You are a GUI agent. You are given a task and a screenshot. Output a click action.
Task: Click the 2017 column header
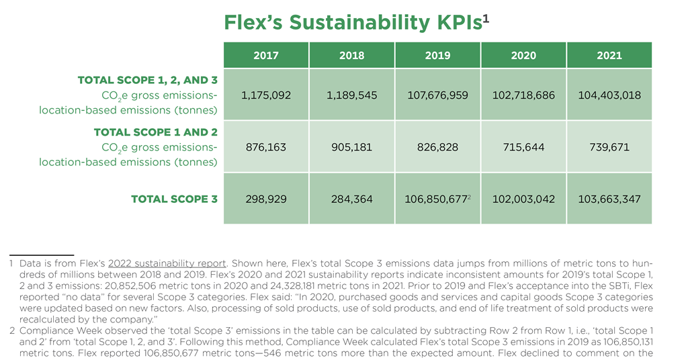tap(266, 55)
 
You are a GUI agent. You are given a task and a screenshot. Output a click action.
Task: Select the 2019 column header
tap(438, 55)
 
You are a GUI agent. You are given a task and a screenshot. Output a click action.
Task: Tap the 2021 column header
tap(609, 55)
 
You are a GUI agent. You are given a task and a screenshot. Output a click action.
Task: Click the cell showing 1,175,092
tap(266, 95)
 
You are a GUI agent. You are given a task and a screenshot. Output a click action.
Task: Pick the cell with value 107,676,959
tap(438, 95)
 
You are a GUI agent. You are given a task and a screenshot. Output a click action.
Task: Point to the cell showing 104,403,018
tap(609, 95)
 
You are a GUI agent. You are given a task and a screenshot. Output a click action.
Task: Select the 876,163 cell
tap(266, 147)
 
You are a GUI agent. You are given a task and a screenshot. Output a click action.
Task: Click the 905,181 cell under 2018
tap(352, 147)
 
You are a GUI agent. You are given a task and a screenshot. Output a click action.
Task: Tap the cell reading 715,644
tap(523, 147)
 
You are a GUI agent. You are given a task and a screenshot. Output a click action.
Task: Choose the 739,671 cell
tap(609, 147)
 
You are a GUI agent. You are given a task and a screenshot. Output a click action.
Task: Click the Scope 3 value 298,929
tap(266, 199)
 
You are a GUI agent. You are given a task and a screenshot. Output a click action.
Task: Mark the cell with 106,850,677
tap(436, 199)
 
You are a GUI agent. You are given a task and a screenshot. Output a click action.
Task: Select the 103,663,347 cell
tap(609, 199)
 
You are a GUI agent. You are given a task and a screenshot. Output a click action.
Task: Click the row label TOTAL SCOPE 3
tap(174, 199)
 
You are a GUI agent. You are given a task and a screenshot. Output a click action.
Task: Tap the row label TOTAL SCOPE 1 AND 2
tap(155, 132)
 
